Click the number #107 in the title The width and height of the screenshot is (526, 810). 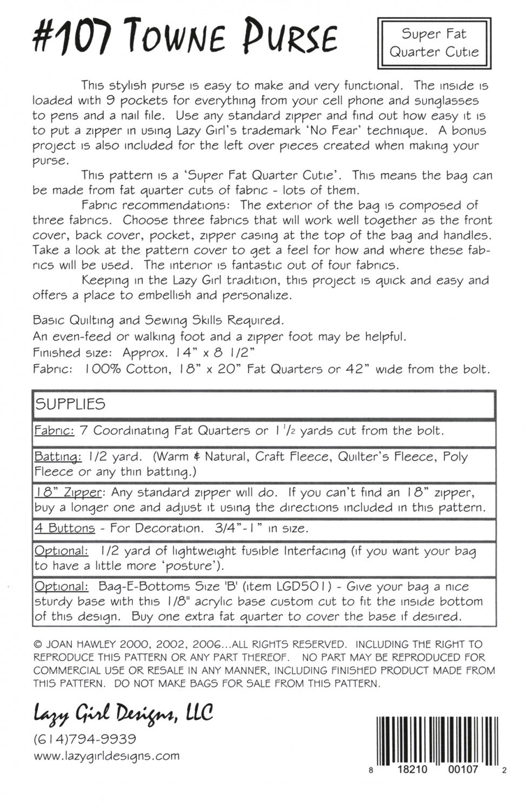point(71,39)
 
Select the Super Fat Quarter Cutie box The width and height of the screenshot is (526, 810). point(434,43)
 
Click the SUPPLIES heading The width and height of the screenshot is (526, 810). point(70,404)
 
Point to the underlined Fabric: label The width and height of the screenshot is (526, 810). point(54,431)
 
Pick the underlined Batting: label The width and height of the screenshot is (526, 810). point(58,457)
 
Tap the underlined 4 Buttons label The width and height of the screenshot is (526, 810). point(64,528)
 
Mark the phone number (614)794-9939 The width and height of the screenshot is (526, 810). point(85,739)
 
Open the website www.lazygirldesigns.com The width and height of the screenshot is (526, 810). point(106,756)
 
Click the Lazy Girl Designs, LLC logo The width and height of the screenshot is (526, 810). point(123,714)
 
